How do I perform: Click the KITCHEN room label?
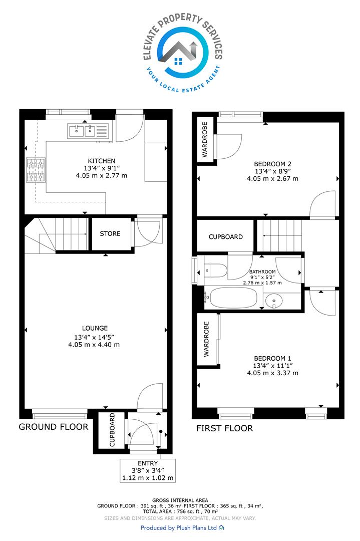[x=101, y=161]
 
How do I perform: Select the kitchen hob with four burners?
[x=36, y=170]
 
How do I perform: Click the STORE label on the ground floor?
[x=110, y=233]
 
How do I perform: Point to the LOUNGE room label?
[x=95, y=328]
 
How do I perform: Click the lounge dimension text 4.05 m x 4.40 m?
[x=94, y=344]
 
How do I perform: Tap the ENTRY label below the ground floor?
[x=148, y=463]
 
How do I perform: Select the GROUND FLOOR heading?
[x=54, y=427]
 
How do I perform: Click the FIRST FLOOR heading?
[x=224, y=428]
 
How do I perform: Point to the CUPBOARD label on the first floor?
[x=225, y=236]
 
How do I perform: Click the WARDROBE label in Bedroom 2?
[x=205, y=139]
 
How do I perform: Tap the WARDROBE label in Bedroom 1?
[x=206, y=339]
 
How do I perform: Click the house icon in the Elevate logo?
[x=179, y=54]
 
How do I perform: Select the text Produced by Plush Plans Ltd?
[x=179, y=527]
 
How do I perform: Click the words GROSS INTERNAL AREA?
[x=180, y=500]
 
